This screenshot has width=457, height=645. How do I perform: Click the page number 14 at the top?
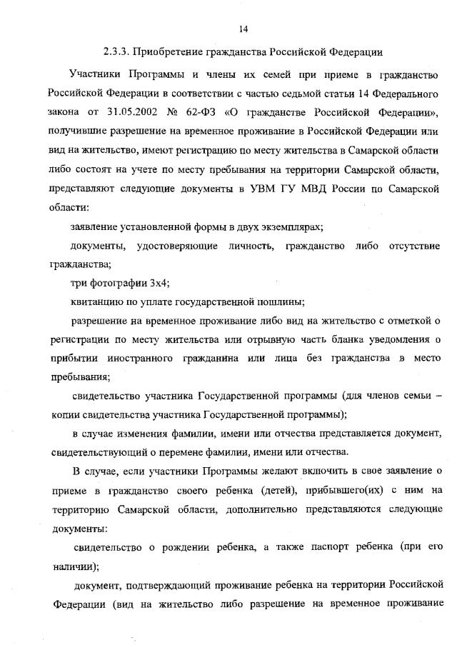coord(243,29)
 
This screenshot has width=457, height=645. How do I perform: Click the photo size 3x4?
coord(159,282)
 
